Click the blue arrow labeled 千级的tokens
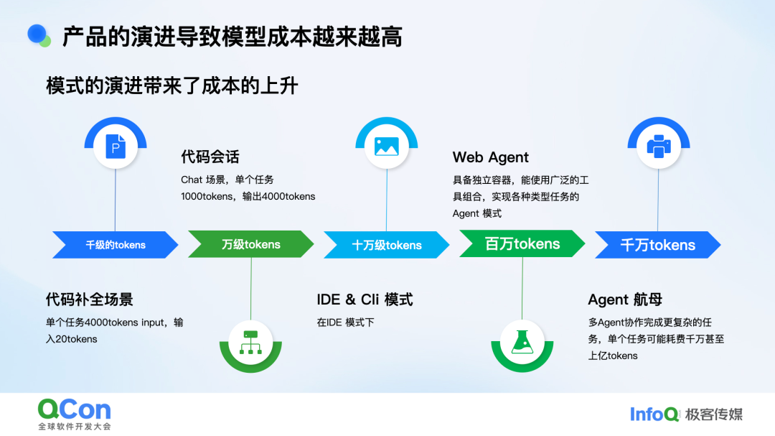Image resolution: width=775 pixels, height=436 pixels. tap(116, 245)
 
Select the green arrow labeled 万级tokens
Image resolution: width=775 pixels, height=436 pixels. tap(250, 245)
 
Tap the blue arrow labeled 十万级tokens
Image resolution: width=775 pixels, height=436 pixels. tap(386, 245)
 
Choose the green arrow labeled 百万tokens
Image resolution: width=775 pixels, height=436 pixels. tap(522, 244)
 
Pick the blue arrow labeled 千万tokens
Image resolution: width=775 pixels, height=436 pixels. tap(657, 245)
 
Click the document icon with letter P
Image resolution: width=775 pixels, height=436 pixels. tap(116, 147)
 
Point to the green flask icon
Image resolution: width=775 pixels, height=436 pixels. tap(522, 340)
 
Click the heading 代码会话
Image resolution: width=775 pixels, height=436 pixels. tap(210, 157)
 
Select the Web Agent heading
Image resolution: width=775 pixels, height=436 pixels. tap(491, 157)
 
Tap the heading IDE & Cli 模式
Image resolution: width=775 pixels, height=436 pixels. tap(365, 300)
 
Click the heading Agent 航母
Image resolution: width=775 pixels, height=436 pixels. tap(624, 300)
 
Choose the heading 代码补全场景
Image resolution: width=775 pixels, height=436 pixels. tap(90, 300)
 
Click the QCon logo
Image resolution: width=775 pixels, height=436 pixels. tap(75, 410)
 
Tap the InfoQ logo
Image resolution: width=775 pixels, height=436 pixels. tap(654, 414)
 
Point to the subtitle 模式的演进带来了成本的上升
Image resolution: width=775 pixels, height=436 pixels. tap(172, 86)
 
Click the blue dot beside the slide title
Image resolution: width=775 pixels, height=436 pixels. tap(37, 34)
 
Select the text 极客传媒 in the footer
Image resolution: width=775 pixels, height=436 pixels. tap(714, 414)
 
